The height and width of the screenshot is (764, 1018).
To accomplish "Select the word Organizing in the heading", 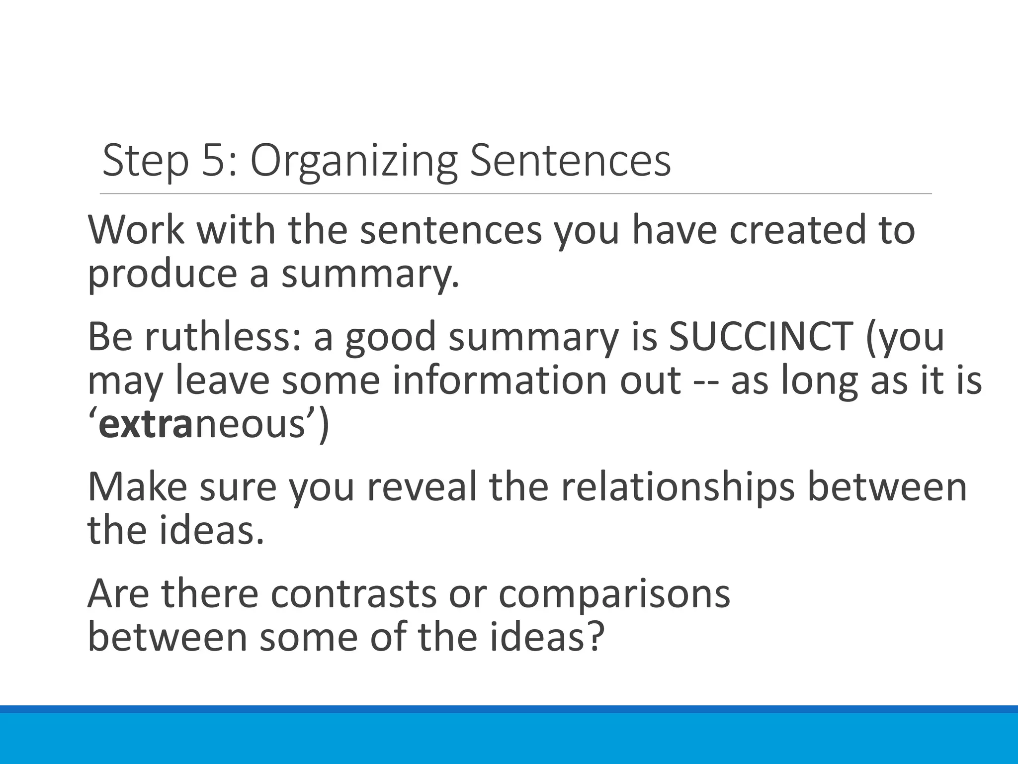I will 353,161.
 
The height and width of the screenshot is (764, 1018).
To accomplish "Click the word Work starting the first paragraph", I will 136,230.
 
